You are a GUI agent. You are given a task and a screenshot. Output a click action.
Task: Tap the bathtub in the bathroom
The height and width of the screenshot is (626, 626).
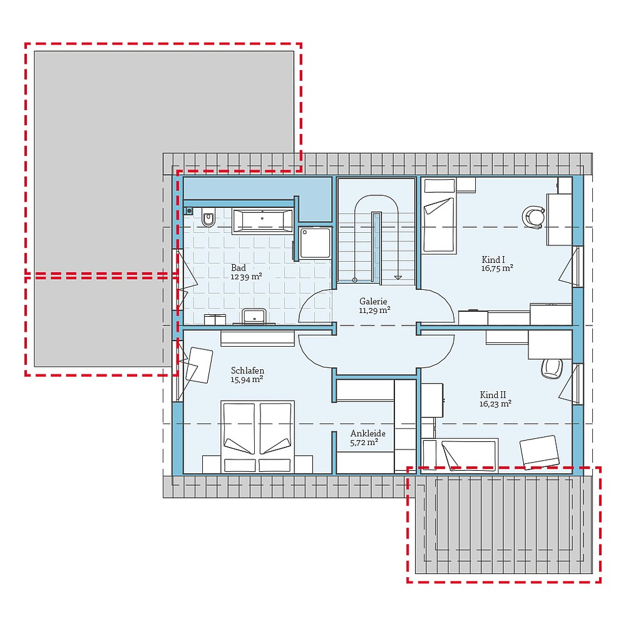point(262,221)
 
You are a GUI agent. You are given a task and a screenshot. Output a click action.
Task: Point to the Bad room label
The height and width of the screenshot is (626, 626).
point(239,267)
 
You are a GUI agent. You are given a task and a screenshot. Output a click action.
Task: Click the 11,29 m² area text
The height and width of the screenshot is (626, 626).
point(374,309)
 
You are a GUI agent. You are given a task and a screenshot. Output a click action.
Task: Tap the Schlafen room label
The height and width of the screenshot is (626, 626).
point(247,371)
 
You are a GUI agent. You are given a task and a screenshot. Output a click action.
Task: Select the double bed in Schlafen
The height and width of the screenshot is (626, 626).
point(257,436)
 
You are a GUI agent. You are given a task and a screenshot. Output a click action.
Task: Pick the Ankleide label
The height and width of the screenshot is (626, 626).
point(367,433)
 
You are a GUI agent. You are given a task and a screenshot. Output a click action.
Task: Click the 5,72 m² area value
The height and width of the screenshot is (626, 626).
point(364,443)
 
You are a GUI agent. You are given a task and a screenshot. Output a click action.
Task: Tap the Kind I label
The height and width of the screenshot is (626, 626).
point(493,259)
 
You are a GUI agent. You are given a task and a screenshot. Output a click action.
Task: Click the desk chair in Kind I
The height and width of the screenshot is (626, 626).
point(533,217)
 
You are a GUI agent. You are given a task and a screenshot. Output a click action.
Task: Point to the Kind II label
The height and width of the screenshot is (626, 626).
point(493,395)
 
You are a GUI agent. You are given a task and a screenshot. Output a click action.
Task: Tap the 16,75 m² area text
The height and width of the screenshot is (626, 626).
point(498,268)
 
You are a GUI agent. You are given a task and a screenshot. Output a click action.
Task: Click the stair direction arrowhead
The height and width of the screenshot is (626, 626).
point(398,277)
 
